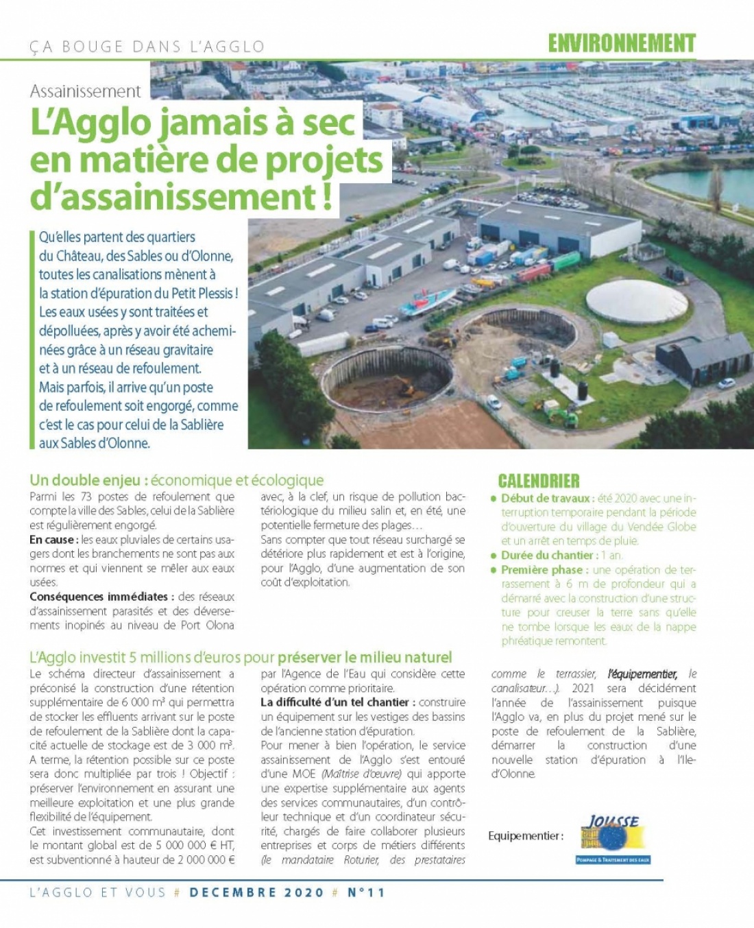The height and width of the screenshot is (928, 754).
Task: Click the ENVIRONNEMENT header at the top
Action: (622, 44)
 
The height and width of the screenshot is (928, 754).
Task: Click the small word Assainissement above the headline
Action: (86, 91)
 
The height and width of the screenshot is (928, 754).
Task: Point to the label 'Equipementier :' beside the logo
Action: (526, 836)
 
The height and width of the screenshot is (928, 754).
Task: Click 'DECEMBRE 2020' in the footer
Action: (256, 892)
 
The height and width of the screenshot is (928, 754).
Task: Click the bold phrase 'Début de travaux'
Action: (546, 498)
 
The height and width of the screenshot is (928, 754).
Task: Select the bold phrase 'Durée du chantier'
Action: (547, 555)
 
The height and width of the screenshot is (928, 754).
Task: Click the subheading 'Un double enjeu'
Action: (88, 480)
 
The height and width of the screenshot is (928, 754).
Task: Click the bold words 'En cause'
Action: (52, 540)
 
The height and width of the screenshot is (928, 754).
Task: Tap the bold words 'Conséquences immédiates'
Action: (99, 597)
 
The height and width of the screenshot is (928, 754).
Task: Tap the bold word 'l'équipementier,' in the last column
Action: (642, 674)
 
